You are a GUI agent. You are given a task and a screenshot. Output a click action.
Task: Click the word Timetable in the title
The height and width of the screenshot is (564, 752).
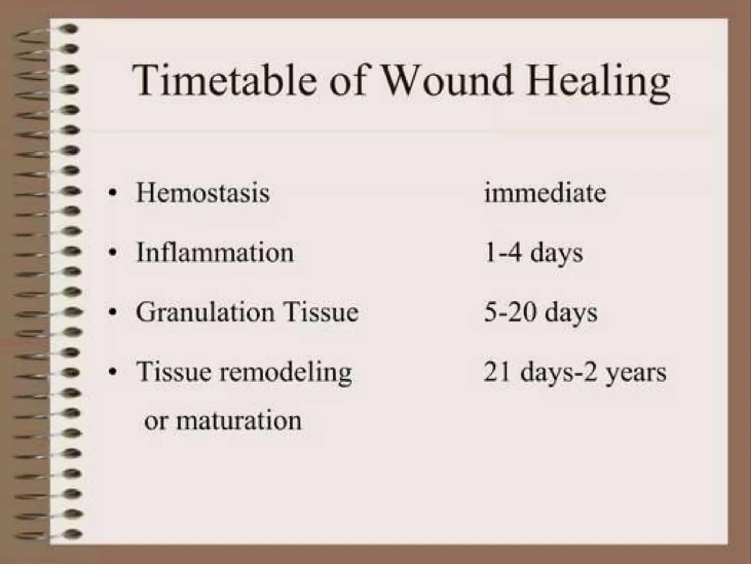point(224,80)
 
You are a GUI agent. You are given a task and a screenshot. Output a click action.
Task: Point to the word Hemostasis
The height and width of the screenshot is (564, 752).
point(203,193)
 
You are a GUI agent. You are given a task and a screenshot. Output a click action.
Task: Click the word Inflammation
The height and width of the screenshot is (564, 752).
point(215,253)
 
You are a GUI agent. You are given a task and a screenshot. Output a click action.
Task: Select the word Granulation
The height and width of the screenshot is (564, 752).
point(205,312)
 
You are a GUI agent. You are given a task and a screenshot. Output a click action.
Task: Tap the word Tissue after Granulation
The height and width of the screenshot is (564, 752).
point(321,312)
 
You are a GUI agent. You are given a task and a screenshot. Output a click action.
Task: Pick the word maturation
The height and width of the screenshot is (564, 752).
point(239,420)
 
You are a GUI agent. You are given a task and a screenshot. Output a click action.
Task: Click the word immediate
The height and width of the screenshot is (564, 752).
point(545,193)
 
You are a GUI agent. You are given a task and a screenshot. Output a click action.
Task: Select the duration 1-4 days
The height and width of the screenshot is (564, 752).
point(533,253)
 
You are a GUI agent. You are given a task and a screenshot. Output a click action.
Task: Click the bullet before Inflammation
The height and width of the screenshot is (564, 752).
point(113,253)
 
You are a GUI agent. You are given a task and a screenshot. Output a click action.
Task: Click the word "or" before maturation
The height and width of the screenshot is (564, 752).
point(155,421)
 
